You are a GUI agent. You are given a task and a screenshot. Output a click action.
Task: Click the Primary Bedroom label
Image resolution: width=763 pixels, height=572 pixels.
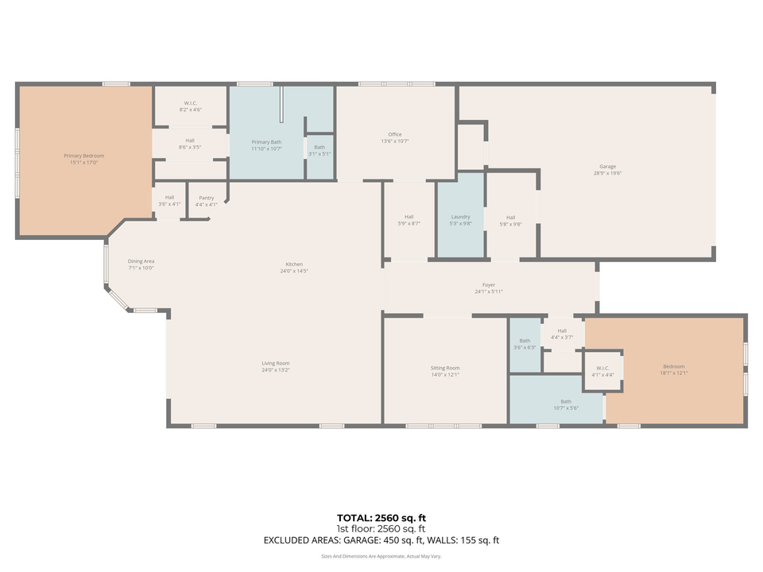(x=83, y=156)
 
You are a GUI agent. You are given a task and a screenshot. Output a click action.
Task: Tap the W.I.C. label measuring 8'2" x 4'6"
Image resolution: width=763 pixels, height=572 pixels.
(x=191, y=102)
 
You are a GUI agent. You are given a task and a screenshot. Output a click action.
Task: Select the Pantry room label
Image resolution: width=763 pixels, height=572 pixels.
(x=206, y=198)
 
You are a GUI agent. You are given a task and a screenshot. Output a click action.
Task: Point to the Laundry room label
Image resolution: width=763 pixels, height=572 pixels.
(x=460, y=216)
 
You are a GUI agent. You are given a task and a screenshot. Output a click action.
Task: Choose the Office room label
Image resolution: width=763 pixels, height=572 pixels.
(x=395, y=134)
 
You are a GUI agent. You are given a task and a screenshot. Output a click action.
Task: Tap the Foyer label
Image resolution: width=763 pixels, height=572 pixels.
(x=489, y=284)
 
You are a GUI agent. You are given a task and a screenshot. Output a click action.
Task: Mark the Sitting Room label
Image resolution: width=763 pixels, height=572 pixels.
(x=445, y=368)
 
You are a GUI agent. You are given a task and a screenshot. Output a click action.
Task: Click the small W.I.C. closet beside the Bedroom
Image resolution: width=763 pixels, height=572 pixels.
(x=602, y=371)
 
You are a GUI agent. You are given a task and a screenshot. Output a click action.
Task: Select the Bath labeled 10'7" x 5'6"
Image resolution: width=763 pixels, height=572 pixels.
(x=565, y=401)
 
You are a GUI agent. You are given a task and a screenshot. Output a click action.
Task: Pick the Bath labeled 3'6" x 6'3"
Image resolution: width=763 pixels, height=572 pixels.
(x=525, y=340)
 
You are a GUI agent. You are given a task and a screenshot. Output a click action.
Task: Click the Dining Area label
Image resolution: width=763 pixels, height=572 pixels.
(x=141, y=261)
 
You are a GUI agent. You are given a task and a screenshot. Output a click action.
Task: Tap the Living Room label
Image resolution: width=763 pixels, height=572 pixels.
(x=275, y=363)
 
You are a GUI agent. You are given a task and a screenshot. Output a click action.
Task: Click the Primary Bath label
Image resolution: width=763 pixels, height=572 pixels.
(x=266, y=141)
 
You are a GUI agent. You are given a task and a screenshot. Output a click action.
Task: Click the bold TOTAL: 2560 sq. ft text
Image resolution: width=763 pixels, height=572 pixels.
(x=381, y=518)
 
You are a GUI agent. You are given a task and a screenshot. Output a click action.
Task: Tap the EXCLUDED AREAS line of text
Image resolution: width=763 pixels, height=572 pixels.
(x=381, y=540)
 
